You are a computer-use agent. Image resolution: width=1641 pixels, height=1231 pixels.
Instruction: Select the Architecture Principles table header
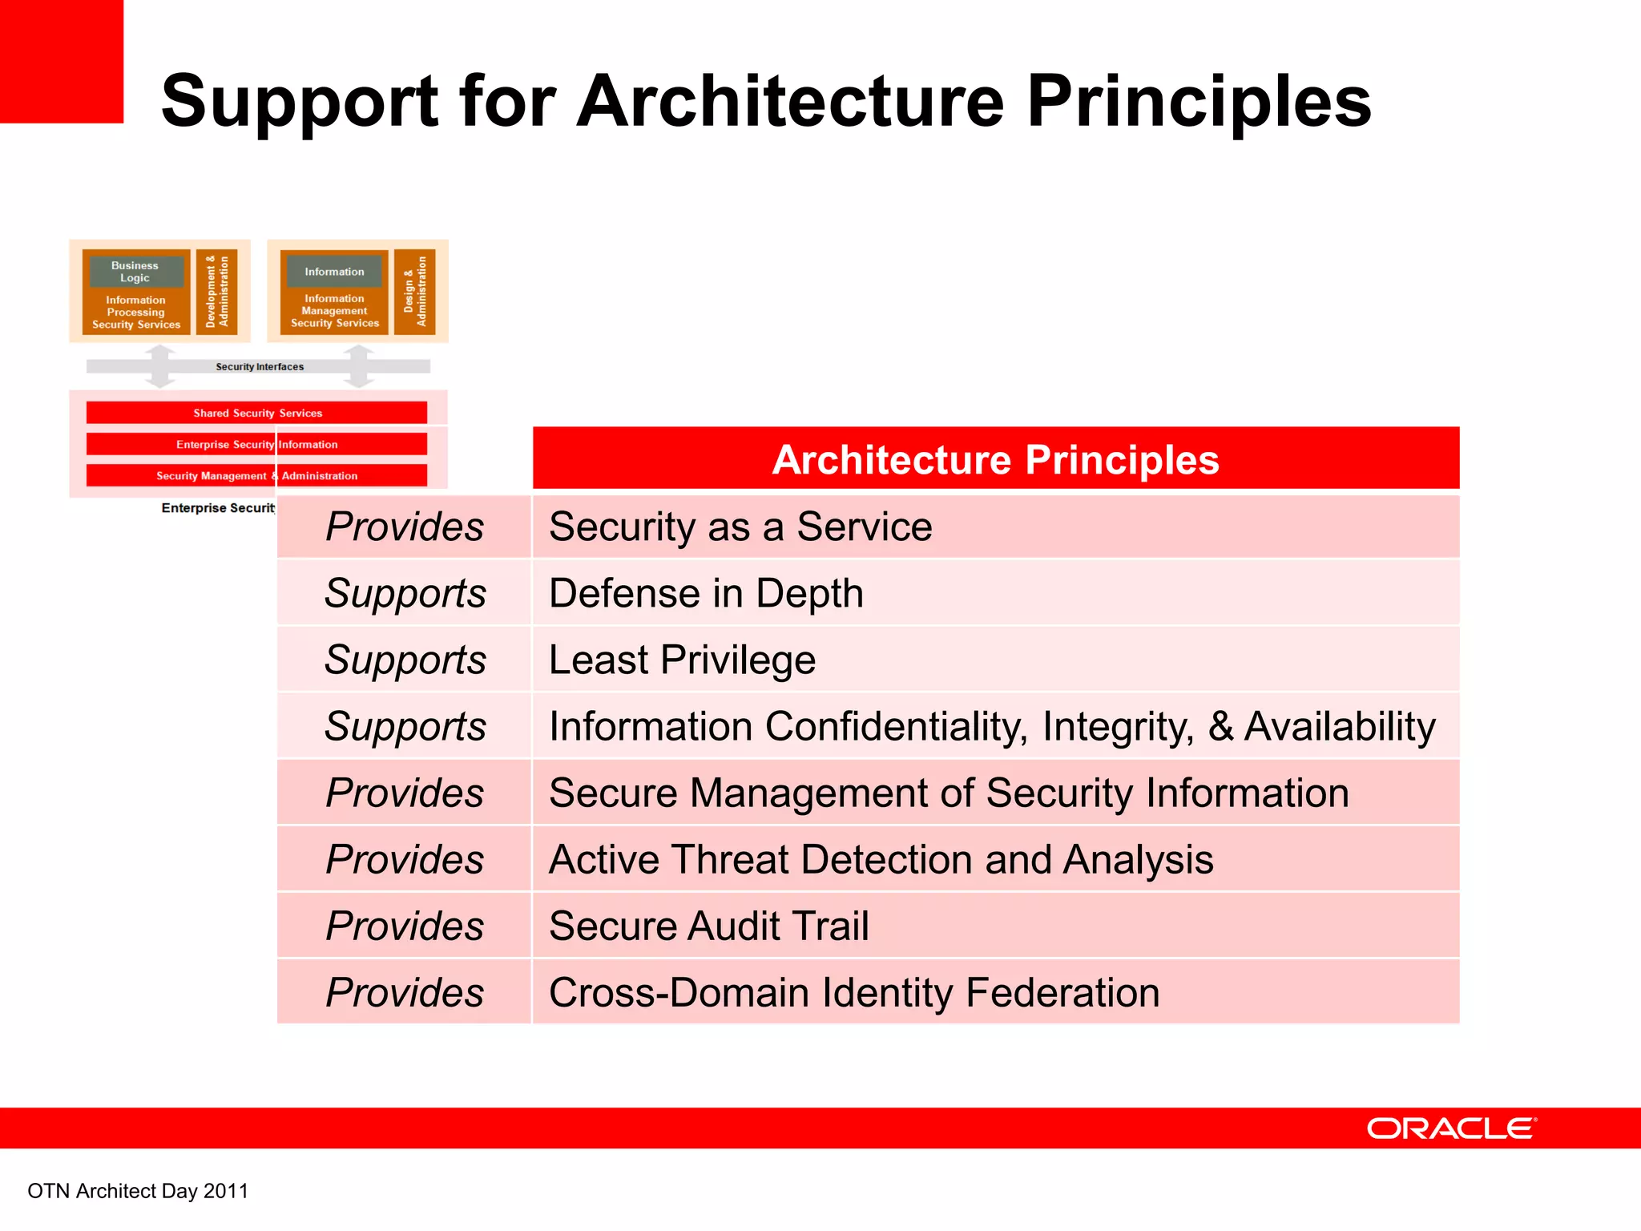click(x=995, y=459)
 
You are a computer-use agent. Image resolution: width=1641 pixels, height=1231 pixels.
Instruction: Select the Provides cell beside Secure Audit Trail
click(x=405, y=926)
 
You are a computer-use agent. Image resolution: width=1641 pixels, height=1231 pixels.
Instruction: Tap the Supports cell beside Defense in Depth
click(x=405, y=594)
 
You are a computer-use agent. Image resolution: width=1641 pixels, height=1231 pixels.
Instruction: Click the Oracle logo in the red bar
click(x=1451, y=1128)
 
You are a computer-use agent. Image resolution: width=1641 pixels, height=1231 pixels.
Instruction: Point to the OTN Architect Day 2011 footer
click(x=138, y=1191)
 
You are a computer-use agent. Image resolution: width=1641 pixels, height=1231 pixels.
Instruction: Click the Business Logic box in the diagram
click(x=135, y=272)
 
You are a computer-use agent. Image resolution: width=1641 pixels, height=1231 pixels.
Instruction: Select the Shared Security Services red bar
click(x=256, y=413)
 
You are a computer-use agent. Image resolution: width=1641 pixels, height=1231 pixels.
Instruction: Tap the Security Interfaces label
click(x=259, y=367)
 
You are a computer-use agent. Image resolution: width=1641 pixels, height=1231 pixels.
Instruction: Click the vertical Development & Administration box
click(x=216, y=291)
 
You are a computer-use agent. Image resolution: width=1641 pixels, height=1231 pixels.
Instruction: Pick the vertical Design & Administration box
click(x=414, y=291)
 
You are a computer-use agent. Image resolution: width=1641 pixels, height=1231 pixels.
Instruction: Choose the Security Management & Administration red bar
click(x=256, y=475)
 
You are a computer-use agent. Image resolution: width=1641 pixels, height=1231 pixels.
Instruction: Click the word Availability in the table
click(x=1340, y=727)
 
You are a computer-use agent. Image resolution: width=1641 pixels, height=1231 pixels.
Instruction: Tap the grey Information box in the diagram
click(x=334, y=272)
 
